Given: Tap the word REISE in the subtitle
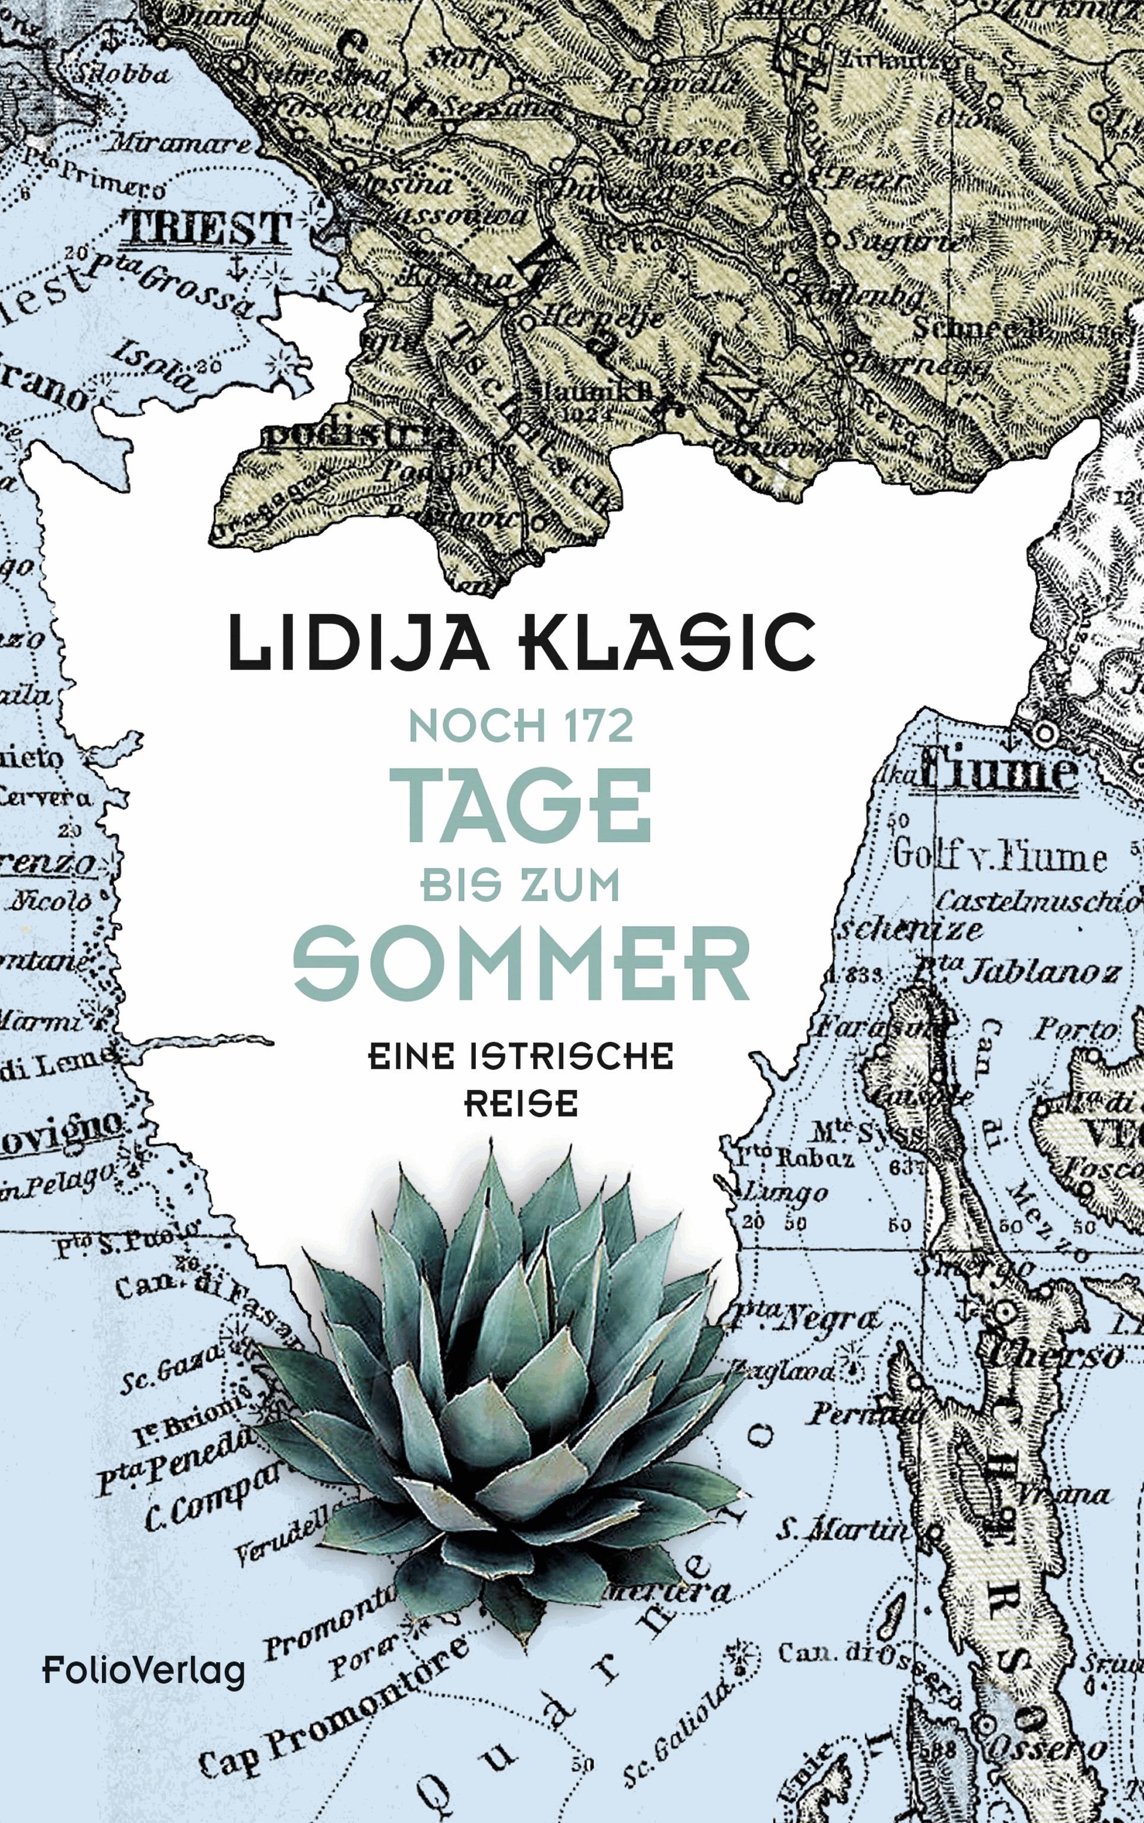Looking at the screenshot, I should coord(520,1105).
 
